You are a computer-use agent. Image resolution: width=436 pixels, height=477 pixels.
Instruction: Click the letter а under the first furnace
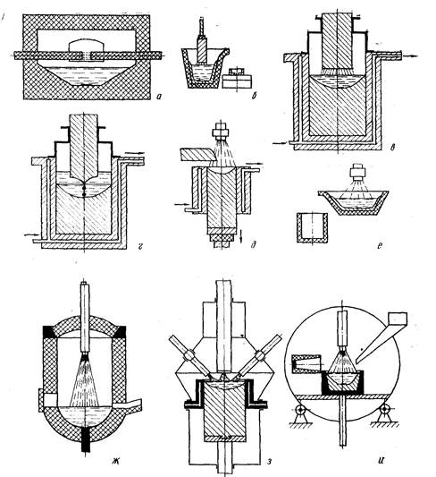(x=159, y=97)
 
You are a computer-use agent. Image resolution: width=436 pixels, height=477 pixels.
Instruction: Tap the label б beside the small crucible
(x=255, y=96)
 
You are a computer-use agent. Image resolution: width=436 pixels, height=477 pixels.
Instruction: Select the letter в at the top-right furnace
(x=392, y=147)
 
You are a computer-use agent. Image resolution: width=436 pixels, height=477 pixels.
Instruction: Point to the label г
(x=139, y=245)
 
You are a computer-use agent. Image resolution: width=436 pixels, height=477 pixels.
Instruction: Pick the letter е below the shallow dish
(x=379, y=245)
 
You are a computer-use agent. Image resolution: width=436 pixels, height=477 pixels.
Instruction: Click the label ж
(x=115, y=463)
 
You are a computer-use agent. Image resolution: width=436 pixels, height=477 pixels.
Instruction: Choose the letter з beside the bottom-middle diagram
(x=268, y=462)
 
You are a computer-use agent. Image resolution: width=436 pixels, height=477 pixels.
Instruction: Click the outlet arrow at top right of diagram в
(x=410, y=56)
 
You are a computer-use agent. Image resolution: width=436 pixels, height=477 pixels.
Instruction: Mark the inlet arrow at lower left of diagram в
(x=280, y=142)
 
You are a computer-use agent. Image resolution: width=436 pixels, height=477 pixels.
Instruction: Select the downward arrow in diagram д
(x=240, y=236)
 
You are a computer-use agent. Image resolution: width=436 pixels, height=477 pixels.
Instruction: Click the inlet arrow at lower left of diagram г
(x=31, y=234)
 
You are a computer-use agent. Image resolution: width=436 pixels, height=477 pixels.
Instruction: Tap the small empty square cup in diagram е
(x=313, y=228)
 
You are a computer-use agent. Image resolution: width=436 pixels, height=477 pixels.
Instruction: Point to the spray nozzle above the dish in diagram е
(x=356, y=173)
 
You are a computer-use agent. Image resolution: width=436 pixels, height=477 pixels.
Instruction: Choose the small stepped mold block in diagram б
(x=237, y=78)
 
